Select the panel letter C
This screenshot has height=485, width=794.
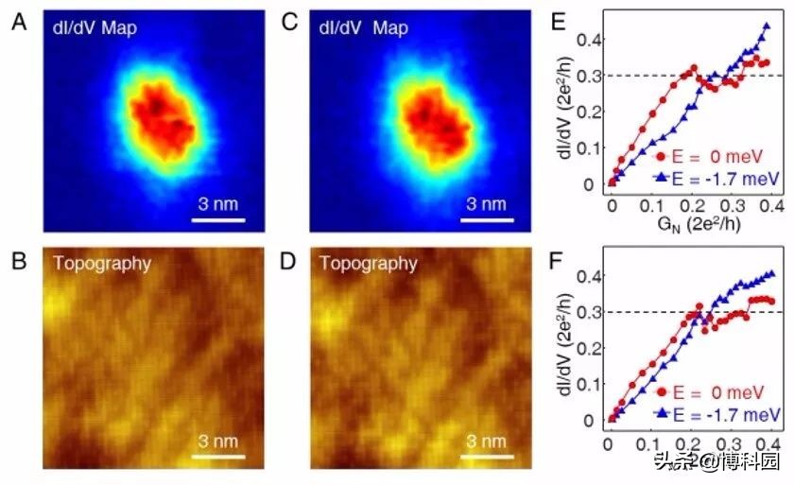tap(293, 21)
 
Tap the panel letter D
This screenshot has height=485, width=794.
tap(293, 257)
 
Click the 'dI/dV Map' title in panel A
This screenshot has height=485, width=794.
tap(95, 28)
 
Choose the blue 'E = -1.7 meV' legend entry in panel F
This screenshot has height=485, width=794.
tap(716, 413)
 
